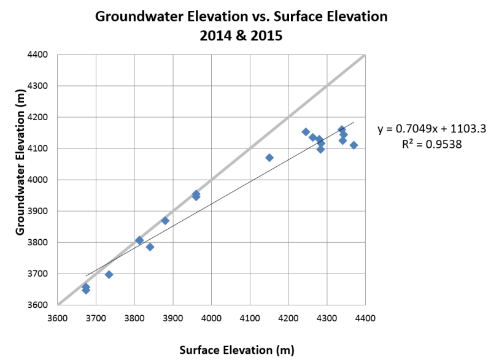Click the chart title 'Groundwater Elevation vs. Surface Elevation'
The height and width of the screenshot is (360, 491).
241,17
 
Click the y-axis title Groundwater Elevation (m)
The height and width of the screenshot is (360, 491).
20,178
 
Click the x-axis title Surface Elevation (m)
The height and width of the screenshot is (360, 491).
236,350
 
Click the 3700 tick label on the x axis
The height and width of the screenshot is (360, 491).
96,318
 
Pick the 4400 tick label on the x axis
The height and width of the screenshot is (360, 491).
365,318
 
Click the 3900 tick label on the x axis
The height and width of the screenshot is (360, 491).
173,318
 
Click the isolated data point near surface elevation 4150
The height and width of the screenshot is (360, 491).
269,158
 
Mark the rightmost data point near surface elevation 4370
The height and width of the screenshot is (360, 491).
354,145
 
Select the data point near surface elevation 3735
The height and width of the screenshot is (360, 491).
109,274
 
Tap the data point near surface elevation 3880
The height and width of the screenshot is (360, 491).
165,220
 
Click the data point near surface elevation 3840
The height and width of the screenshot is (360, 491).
150,247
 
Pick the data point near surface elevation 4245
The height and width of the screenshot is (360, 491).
306,131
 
